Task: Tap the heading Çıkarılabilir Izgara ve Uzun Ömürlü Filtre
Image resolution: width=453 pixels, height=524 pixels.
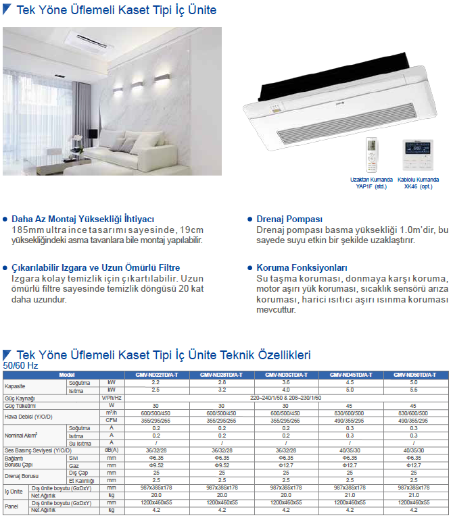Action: (95, 267)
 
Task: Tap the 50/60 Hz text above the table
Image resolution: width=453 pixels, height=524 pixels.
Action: (21, 365)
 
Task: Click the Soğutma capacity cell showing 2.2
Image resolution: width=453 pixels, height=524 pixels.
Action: (156, 382)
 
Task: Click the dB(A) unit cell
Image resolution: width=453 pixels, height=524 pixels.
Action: (112, 450)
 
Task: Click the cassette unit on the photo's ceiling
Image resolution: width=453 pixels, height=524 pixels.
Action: (85, 44)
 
